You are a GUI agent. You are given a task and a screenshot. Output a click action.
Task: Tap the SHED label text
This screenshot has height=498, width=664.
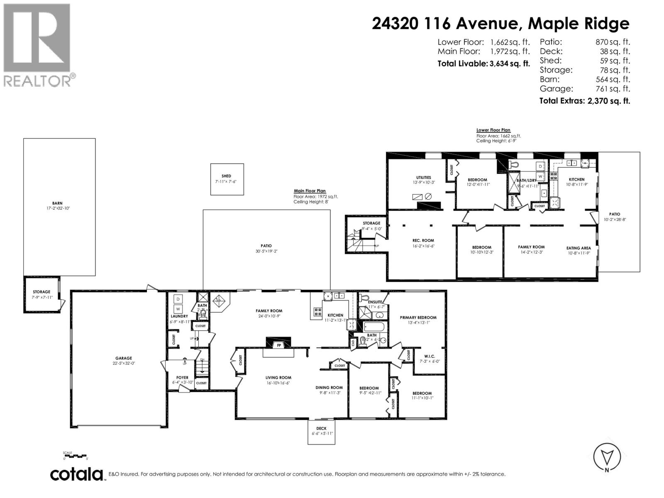pyautogui.click(x=226, y=176)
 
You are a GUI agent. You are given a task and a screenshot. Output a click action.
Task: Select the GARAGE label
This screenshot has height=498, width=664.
pyautogui.click(x=124, y=358)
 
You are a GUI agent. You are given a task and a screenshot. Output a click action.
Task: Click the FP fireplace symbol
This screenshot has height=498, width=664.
pyautogui.click(x=278, y=345)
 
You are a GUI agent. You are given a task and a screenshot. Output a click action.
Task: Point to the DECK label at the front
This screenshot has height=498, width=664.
pyautogui.click(x=321, y=428)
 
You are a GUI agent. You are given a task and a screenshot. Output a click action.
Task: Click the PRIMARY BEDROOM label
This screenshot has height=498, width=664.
pyautogui.click(x=418, y=317)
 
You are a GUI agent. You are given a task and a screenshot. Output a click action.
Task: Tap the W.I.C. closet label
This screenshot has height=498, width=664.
pyautogui.click(x=429, y=356)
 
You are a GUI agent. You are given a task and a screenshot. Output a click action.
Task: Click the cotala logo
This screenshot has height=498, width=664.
pyautogui.click(x=77, y=474)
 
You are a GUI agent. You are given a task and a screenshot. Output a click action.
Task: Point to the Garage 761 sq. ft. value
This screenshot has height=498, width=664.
pyautogui.click(x=613, y=89)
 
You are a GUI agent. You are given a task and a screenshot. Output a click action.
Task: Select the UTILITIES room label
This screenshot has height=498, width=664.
pyautogui.click(x=424, y=178)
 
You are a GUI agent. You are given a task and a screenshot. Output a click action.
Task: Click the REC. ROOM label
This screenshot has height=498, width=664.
pyautogui.click(x=423, y=240)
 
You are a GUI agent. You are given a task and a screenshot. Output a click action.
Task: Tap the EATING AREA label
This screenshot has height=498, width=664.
pyautogui.click(x=579, y=248)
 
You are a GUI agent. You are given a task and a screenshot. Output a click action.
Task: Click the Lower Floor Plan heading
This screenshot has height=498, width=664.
pyautogui.click(x=493, y=130)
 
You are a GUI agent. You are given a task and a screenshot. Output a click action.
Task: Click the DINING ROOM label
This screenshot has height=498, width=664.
pyautogui.click(x=331, y=388)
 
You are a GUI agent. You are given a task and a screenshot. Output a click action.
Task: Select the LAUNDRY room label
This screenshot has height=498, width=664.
pyautogui.click(x=179, y=316)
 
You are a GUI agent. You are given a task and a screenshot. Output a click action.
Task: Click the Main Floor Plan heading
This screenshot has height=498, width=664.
pyautogui.click(x=310, y=191)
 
